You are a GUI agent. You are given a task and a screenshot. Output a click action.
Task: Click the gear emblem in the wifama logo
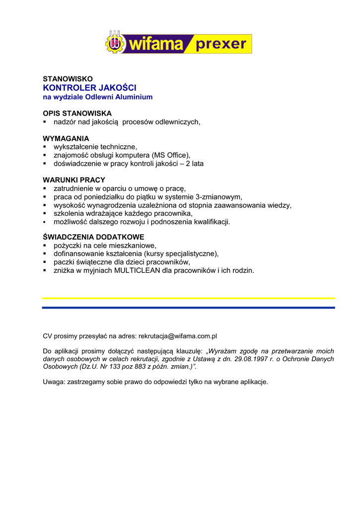[115, 43]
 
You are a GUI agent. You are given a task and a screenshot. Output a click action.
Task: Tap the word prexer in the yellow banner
[221, 44]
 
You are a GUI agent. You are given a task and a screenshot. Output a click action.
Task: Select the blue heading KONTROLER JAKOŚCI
[89, 88]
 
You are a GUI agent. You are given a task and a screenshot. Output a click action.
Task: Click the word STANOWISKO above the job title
[68, 79]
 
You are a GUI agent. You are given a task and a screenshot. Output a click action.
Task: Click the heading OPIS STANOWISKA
[77, 113]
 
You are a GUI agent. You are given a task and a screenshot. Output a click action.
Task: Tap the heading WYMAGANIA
[66, 138]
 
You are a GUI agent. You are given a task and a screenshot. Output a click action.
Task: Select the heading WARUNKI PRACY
[74, 180]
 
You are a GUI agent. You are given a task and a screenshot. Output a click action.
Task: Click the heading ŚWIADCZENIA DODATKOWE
[93, 237]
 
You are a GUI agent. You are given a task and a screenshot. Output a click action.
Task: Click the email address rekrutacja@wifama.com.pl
[178, 336]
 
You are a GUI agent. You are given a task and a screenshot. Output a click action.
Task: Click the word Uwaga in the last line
[53, 381]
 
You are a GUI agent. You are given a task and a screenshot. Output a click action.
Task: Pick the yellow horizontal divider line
[188, 298]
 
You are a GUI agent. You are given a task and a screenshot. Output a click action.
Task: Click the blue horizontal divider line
[188, 308]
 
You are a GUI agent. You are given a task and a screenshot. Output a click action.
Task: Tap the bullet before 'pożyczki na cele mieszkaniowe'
[44, 246]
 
